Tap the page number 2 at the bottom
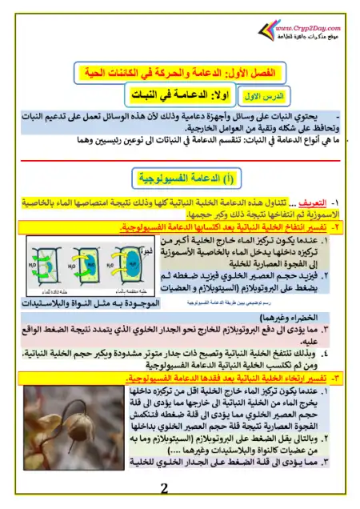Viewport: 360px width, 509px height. click(x=165, y=489)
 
